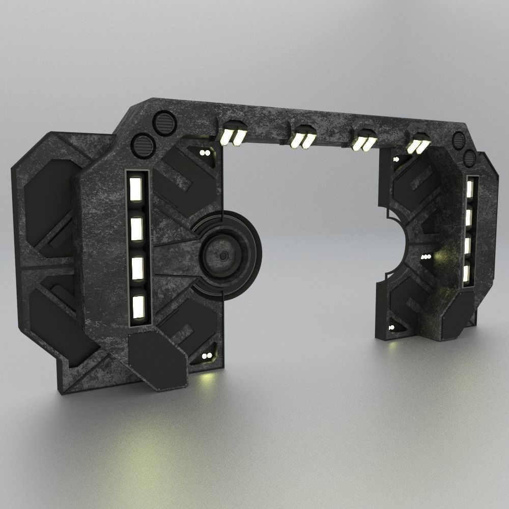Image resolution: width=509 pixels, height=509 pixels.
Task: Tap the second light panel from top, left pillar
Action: point(136,229)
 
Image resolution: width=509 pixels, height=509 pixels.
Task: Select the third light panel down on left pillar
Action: point(137,268)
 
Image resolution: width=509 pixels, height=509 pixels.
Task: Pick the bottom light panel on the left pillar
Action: point(138,306)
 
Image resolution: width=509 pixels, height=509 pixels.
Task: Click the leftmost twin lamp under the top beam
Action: point(233,133)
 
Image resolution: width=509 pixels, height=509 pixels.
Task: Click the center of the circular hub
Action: point(222,256)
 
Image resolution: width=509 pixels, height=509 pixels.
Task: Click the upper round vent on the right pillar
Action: point(458,139)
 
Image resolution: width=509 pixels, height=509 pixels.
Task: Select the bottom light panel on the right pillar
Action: point(467,273)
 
